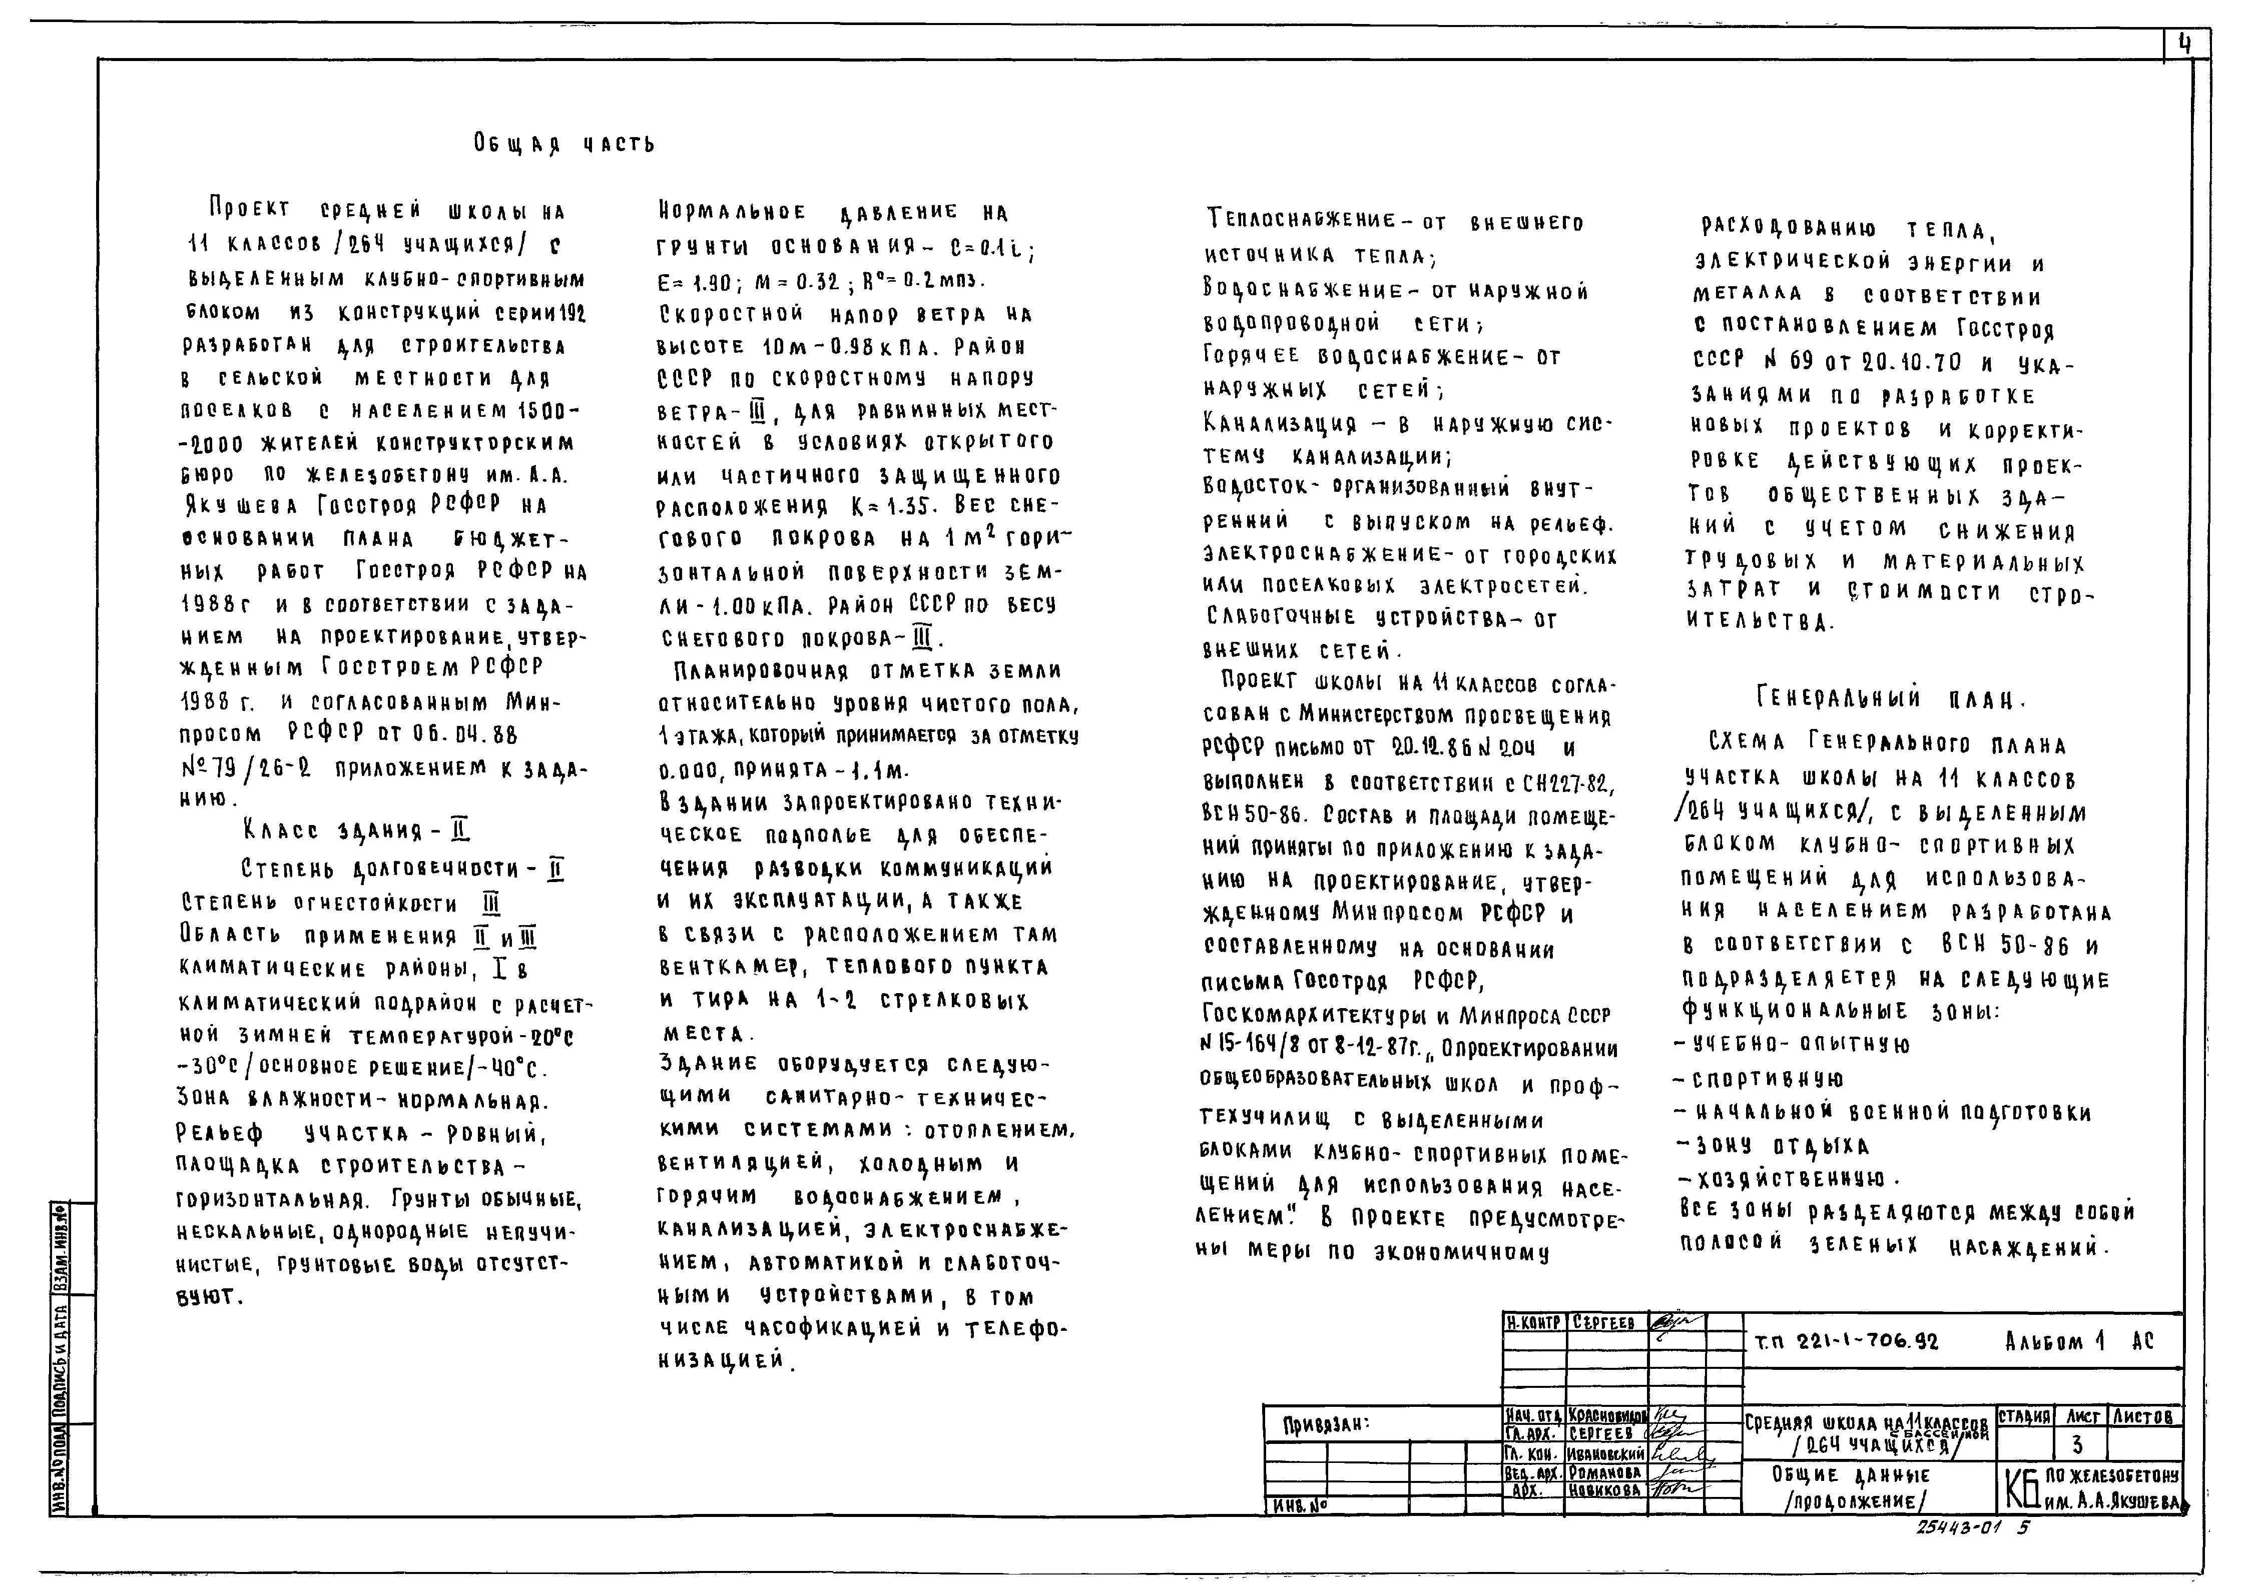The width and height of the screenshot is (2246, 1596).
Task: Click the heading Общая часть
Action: [x=564, y=145]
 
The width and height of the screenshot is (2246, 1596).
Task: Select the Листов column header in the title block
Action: [x=2143, y=1417]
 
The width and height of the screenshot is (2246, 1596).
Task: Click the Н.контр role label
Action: [x=1533, y=1323]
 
